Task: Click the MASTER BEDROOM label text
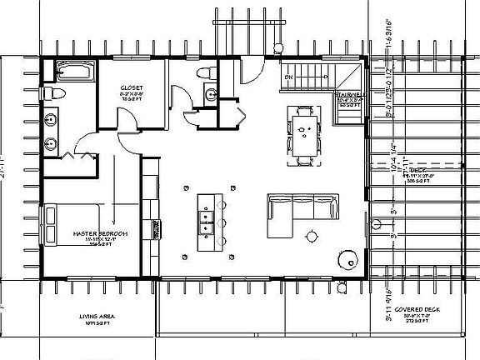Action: [x=99, y=233]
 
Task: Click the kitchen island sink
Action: [x=204, y=219]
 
